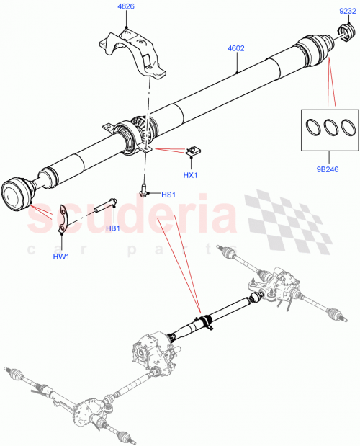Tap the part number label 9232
348,10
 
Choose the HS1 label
168,194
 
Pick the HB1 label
113,229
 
